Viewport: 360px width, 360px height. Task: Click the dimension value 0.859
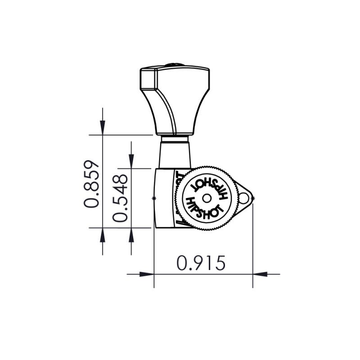(x=91, y=184)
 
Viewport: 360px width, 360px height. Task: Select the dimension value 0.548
(x=120, y=198)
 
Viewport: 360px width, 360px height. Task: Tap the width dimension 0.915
(x=201, y=263)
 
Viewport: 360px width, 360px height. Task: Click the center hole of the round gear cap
(x=206, y=198)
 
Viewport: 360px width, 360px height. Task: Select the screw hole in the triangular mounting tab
(x=243, y=197)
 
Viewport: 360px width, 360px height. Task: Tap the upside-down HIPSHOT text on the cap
(x=208, y=185)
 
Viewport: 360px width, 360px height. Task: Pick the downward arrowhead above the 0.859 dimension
(x=103, y=127)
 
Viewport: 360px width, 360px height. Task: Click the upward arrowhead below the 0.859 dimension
(x=103, y=235)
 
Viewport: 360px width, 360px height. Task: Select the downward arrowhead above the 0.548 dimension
(x=131, y=161)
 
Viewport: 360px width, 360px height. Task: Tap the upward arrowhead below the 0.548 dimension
(x=131, y=235)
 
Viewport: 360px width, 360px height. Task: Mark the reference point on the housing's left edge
(x=154, y=198)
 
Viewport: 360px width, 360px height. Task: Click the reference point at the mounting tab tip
(x=252, y=198)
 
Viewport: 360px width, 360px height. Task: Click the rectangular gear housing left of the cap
(x=165, y=198)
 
